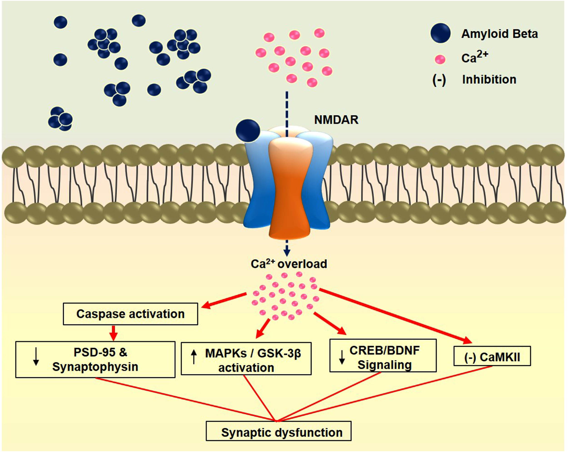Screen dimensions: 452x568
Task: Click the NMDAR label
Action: coord(336,120)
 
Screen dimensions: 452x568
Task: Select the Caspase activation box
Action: coord(130,314)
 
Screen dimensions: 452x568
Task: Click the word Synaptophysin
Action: coord(95,367)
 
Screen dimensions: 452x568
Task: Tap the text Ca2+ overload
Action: coord(289,264)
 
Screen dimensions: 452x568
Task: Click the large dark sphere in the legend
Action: coord(440,33)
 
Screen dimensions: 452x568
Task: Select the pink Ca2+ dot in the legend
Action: coord(440,59)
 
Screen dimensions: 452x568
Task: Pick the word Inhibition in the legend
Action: coord(489,79)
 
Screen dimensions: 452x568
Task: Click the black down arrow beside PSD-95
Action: coord(36,357)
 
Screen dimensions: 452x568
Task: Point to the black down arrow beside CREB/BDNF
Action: coord(342,357)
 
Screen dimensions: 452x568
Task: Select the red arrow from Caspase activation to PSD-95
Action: coord(114,333)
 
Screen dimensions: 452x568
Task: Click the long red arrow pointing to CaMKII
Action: coord(395,316)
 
